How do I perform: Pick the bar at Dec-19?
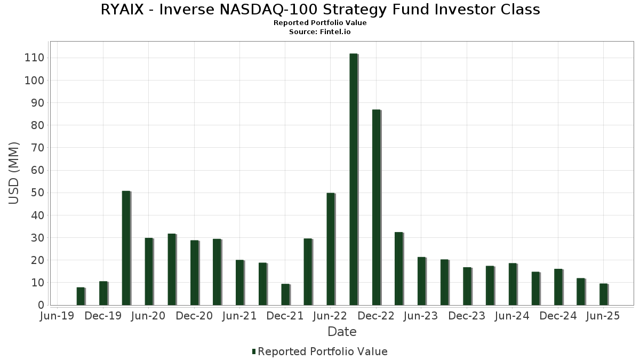[103, 293]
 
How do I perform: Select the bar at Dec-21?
[285, 294]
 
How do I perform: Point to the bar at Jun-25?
[604, 294]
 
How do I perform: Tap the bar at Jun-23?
[421, 281]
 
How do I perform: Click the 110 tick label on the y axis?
[34, 58]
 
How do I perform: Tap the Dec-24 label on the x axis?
[558, 316]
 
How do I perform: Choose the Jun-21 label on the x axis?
[239, 316]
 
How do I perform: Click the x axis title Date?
[342, 332]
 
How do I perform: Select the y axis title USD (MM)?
[14, 173]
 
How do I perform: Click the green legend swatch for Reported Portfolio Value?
[254, 351]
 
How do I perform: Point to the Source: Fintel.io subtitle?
[320, 31]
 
